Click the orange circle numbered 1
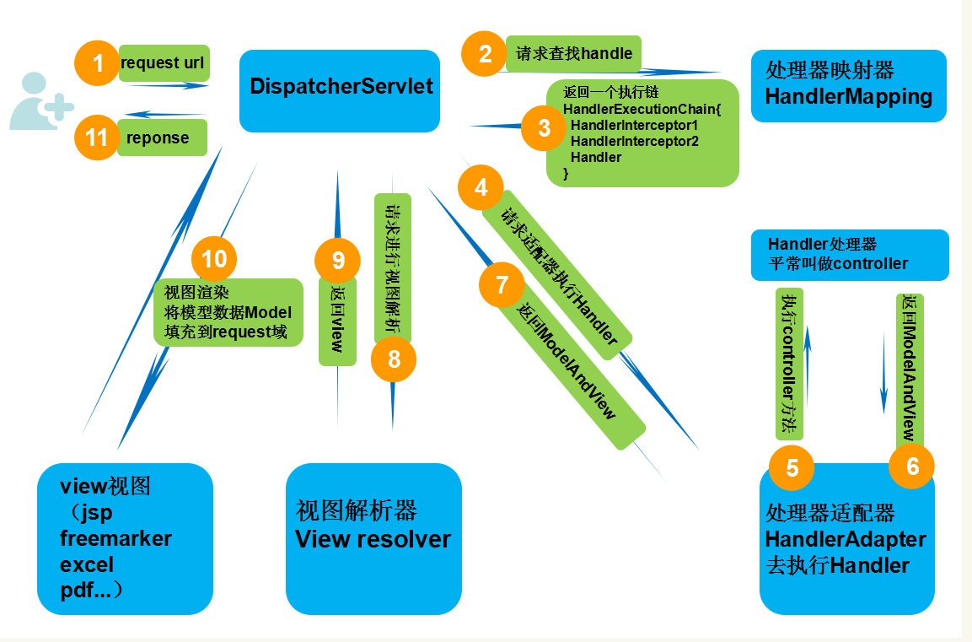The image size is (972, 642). (99, 62)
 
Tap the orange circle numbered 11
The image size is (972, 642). (97, 137)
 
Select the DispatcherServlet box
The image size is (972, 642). (340, 91)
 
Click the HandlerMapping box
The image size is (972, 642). (848, 86)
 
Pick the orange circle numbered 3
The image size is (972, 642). (544, 127)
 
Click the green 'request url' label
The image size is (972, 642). (164, 63)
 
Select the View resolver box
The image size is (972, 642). (373, 538)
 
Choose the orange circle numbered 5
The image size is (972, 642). (792, 467)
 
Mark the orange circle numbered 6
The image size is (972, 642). (912, 465)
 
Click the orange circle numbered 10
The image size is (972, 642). (214, 257)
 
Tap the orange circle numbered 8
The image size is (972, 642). (394, 358)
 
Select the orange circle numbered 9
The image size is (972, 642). (337, 259)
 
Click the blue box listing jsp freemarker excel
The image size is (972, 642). (124, 538)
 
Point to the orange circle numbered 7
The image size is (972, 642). (502, 284)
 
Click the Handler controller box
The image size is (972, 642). (850, 254)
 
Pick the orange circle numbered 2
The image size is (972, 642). (485, 54)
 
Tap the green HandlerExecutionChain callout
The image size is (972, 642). (641, 133)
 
